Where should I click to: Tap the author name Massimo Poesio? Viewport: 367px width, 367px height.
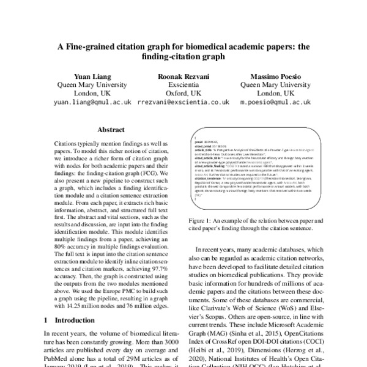click(275, 75)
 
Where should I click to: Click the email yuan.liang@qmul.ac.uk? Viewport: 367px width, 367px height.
click(93, 103)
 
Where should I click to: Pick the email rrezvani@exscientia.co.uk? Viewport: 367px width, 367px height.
click(183, 103)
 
